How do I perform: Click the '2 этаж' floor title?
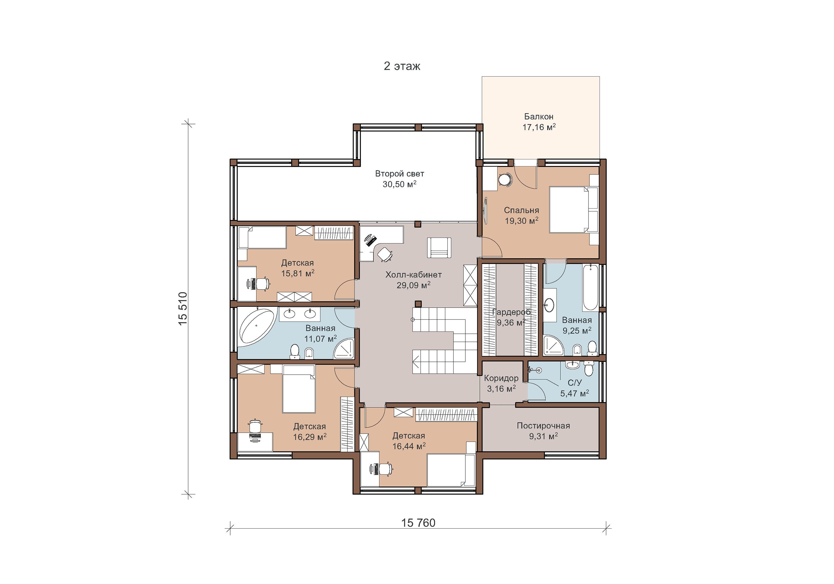click(x=402, y=66)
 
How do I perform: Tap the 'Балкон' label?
click(x=539, y=117)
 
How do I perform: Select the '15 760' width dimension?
click(x=418, y=523)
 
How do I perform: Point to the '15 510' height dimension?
click(x=183, y=308)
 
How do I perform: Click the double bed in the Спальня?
click(x=573, y=209)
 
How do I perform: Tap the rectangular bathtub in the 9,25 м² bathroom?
click(x=591, y=288)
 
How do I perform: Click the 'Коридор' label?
click(x=501, y=378)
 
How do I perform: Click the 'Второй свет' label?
click(x=399, y=174)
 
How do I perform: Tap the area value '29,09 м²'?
click(x=413, y=285)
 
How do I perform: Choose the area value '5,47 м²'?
click(x=574, y=393)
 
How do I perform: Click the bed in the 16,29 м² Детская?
click(x=299, y=389)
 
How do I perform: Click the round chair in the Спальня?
click(x=505, y=179)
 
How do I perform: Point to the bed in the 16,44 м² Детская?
click(x=451, y=470)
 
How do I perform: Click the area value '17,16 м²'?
click(x=539, y=127)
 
